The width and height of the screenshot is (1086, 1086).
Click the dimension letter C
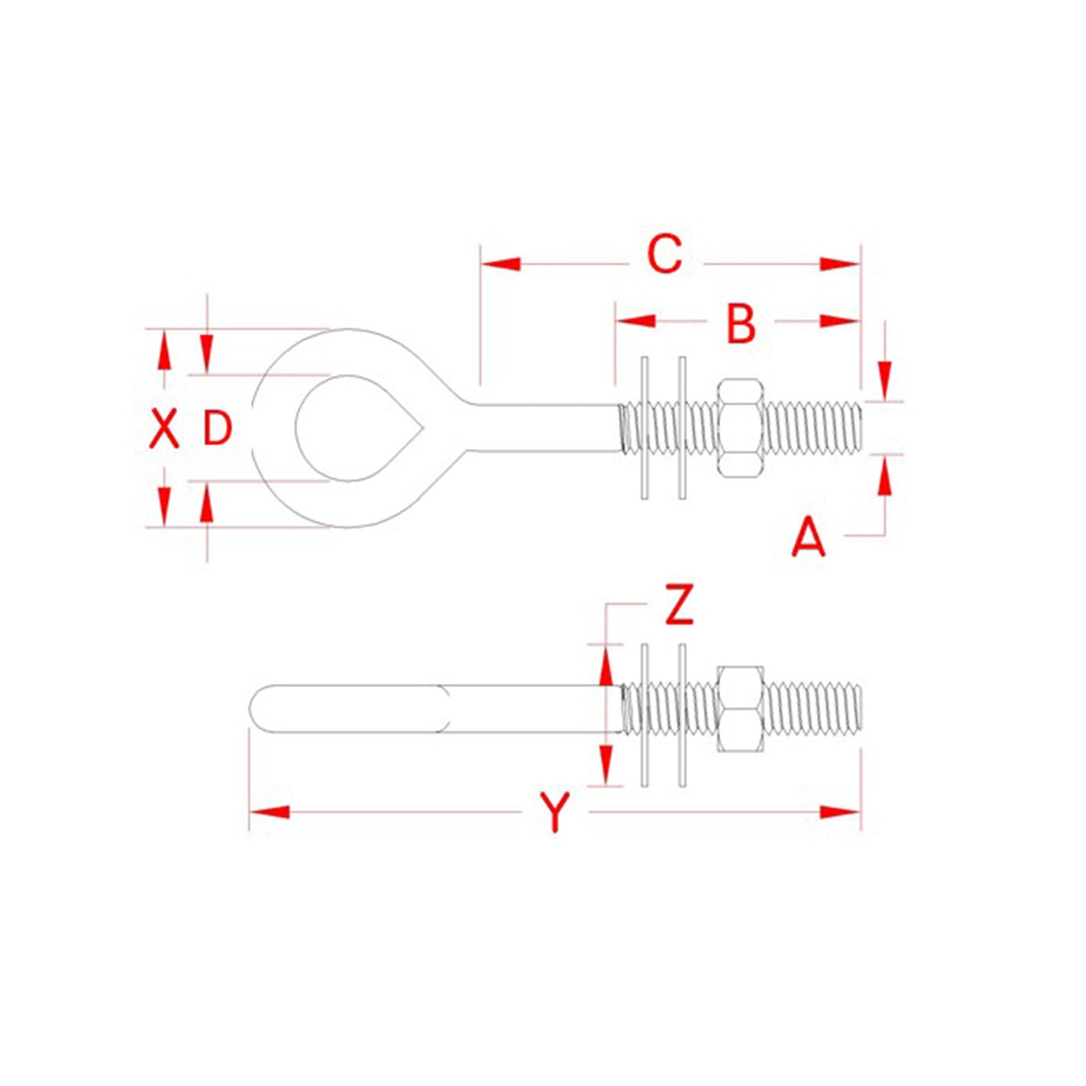[664, 254]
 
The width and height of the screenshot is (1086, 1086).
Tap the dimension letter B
[740, 323]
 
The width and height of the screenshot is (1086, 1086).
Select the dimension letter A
[809, 537]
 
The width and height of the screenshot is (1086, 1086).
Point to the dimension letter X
[163, 428]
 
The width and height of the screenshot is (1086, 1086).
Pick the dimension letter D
[217, 428]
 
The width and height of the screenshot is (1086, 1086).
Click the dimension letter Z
[679, 605]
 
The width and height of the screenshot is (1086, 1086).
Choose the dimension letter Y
[555, 812]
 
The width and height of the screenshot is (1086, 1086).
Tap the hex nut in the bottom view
[740, 708]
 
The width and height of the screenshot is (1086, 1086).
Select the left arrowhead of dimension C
[500, 264]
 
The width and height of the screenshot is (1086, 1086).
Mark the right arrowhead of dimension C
[840, 264]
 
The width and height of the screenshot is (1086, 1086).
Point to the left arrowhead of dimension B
[635, 321]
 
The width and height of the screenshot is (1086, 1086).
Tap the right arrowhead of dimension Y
[840, 812]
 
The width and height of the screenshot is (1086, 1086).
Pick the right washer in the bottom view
[682, 715]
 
